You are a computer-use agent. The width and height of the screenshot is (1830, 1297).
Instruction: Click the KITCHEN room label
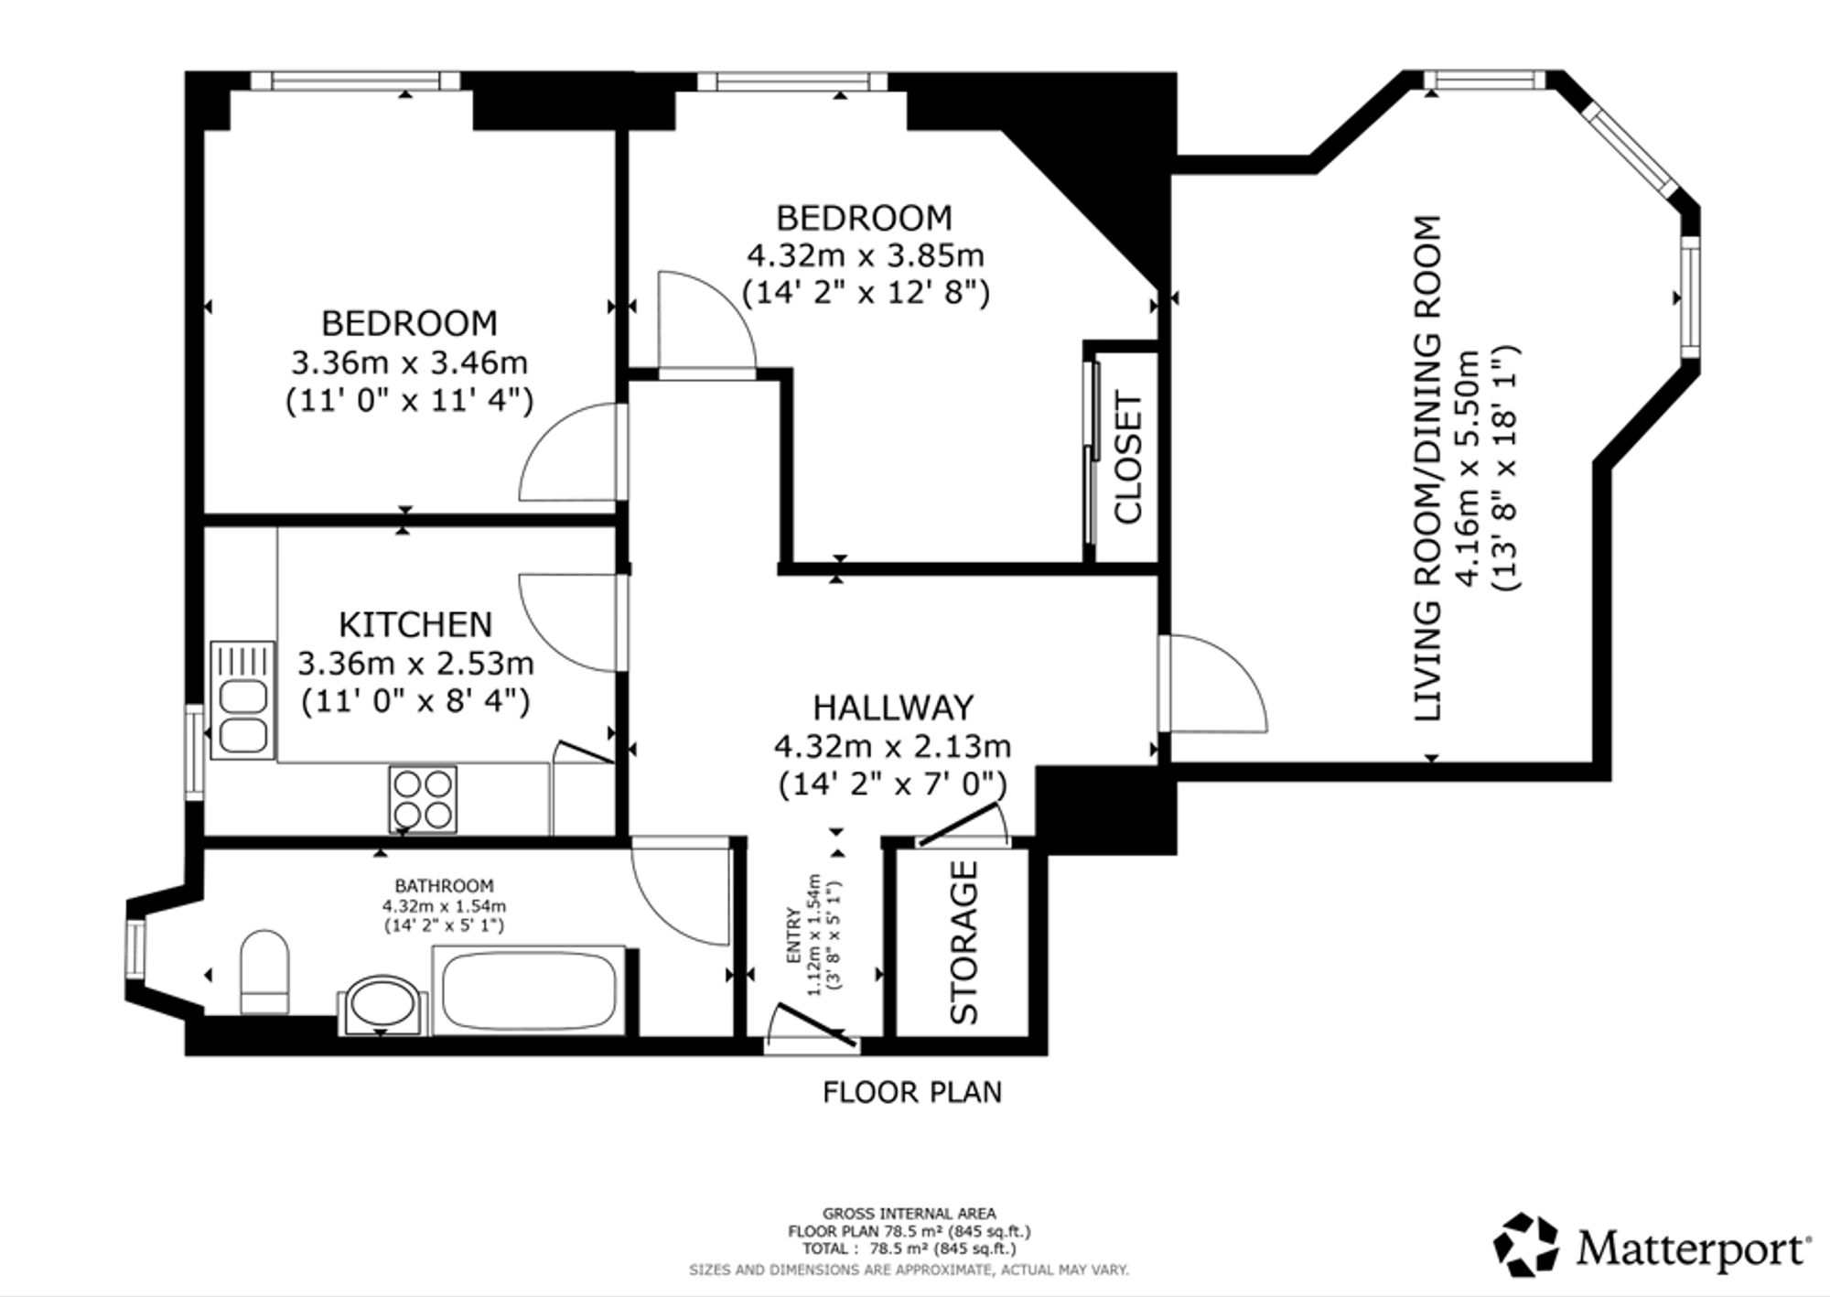point(415,624)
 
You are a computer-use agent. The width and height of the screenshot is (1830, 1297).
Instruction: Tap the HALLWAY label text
point(893,708)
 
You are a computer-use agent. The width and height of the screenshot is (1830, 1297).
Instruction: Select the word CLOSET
point(1128,458)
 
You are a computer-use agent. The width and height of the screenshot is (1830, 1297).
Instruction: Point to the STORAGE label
point(964,942)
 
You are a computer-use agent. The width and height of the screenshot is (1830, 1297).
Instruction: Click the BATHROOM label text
point(444,886)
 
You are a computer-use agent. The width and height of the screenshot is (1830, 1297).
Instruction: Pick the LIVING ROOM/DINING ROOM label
point(1427,468)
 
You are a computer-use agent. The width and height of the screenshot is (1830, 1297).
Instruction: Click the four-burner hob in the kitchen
point(423,799)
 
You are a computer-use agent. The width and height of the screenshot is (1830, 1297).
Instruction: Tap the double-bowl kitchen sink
point(242,700)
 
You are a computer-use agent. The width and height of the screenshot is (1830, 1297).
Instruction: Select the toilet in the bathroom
point(264,972)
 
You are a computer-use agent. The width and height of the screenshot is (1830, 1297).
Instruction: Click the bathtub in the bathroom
point(529,991)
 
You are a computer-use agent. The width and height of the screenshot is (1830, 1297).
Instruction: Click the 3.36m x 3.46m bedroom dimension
point(410,363)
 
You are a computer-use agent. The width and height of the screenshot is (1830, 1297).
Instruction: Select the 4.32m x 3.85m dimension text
point(866,254)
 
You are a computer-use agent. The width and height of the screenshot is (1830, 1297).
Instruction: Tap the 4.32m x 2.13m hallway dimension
point(893,747)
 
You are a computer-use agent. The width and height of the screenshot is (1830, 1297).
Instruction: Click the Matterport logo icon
point(1526,1245)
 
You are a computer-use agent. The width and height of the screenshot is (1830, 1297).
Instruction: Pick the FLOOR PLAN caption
point(912,1092)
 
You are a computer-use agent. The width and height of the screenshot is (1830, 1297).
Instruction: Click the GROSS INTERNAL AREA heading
point(910,1214)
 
